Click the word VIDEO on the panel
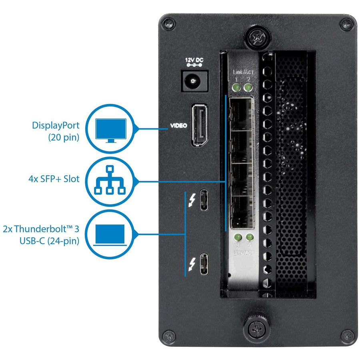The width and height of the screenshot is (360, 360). (x=179, y=126)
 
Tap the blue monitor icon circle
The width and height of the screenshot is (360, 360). (x=110, y=129)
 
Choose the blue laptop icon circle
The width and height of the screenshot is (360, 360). (x=110, y=235)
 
